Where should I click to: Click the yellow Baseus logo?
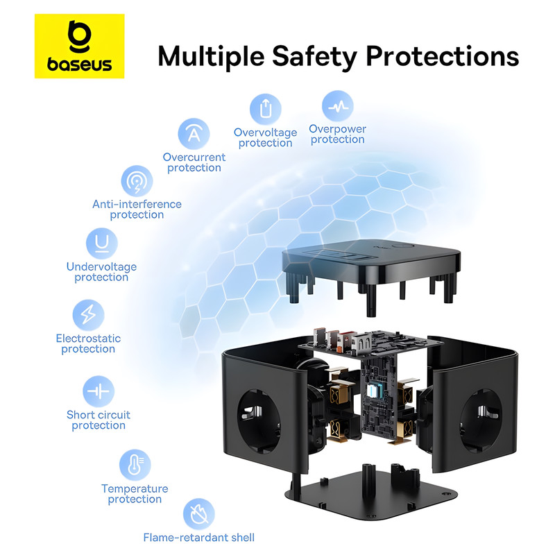click(x=79, y=46)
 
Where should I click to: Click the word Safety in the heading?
click(x=315, y=57)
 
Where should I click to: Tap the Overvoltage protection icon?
click(x=266, y=109)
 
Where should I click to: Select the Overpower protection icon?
click(x=338, y=106)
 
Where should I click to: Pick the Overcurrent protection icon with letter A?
click(x=194, y=134)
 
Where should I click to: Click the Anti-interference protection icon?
click(x=137, y=181)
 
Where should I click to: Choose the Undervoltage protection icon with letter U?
click(x=102, y=244)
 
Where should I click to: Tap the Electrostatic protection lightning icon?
click(x=89, y=315)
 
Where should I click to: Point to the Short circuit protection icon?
click(x=99, y=391)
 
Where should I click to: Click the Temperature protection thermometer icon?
click(x=135, y=465)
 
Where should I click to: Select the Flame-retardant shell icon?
click(x=199, y=514)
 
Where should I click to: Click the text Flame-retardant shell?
click(x=199, y=538)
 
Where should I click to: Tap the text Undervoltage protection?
click(x=101, y=272)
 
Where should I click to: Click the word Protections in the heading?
click(x=442, y=56)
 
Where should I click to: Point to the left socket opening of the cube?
click(x=259, y=421)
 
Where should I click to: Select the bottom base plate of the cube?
click(x=371, y=495)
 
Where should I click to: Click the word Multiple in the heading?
click(x=212, y=57)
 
